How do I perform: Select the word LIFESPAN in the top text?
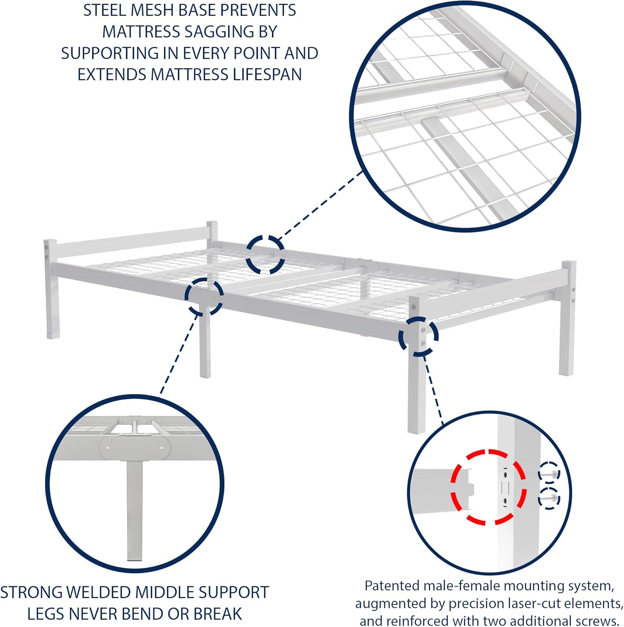click(x=268, y=74)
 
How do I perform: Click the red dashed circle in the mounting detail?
click(x=488, y=487)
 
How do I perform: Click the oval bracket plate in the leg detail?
click(x=135, y=448)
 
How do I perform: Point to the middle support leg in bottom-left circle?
click(x=134, y=510)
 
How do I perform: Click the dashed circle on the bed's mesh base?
click(x=265, y=255)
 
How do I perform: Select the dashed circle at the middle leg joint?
click(x=204, y=296)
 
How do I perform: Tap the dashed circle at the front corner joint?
click(x=418, y=336)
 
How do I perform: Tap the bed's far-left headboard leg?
click(x=51, y=293)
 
